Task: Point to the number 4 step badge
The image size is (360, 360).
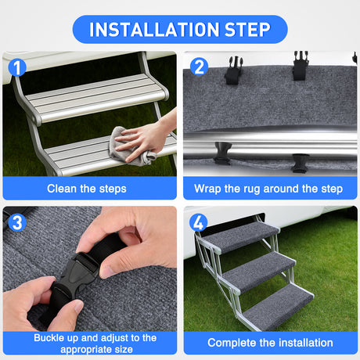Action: coord(198,221)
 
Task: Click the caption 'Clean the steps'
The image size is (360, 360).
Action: coord(86,189)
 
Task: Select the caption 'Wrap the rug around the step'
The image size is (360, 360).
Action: coord(268,189)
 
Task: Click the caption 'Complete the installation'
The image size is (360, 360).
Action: coord(270,343)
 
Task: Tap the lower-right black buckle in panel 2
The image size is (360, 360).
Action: coord(300,161)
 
